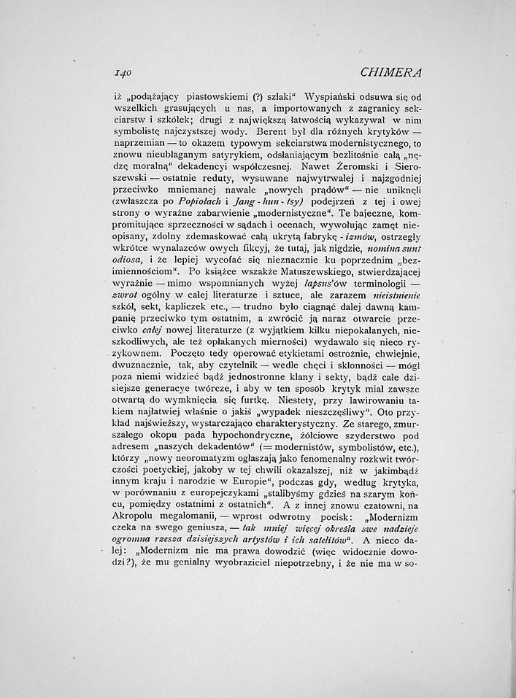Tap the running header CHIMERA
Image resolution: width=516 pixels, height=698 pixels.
tap(392, 72)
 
